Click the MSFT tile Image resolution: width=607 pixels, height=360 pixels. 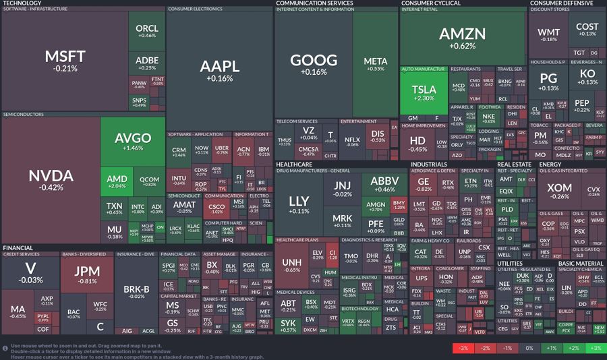(x=65, y=59)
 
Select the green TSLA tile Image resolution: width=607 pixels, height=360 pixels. (x=424, y=92)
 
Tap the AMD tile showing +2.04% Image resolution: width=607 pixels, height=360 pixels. (x=117, y=181)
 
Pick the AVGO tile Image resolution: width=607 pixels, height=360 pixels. (x=133, y=142)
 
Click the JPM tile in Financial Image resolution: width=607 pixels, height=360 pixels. (x=87, y=275)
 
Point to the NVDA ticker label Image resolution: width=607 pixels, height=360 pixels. (x=51, y=176)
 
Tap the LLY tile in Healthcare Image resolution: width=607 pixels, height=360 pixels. (x=299, y=204)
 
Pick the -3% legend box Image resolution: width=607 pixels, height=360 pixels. (x=463, y=349)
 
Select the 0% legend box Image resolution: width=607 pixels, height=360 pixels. (x=529, y=349)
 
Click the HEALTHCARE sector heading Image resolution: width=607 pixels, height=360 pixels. (x=294, y=164)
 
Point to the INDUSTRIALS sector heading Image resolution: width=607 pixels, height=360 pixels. (x=430, y=164)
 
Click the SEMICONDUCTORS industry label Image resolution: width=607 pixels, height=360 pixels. (x=24, y=115)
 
